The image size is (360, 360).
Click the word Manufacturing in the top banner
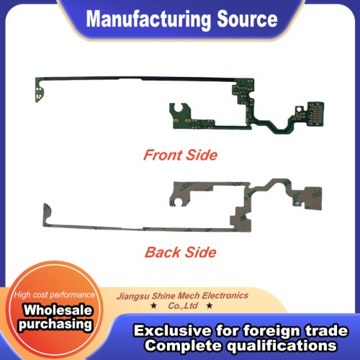coord(148,20)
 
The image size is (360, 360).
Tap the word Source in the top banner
coord(247,19)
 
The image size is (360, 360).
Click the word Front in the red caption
coord(163,155)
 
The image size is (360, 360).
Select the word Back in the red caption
coord(163,252)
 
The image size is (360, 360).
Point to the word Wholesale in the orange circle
coord(58,310)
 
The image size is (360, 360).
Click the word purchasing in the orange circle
coord(55,324)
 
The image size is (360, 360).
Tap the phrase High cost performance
coord(55,294)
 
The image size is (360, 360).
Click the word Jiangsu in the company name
coord(133,297)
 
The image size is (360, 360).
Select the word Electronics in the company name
coord(225,295)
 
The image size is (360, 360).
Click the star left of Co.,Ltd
coord(153,305)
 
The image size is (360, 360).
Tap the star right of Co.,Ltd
coord(210,305)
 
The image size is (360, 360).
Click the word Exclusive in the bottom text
coord(173,330)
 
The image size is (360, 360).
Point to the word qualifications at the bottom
coord(282,346)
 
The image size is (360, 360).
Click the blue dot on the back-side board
coord(297,203)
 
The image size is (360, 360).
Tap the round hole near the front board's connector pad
coord(299,109)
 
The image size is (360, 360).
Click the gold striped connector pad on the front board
coord(316,113)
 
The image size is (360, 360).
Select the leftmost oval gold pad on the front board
coord(177,121)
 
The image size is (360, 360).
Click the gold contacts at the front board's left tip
coord(39,94)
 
